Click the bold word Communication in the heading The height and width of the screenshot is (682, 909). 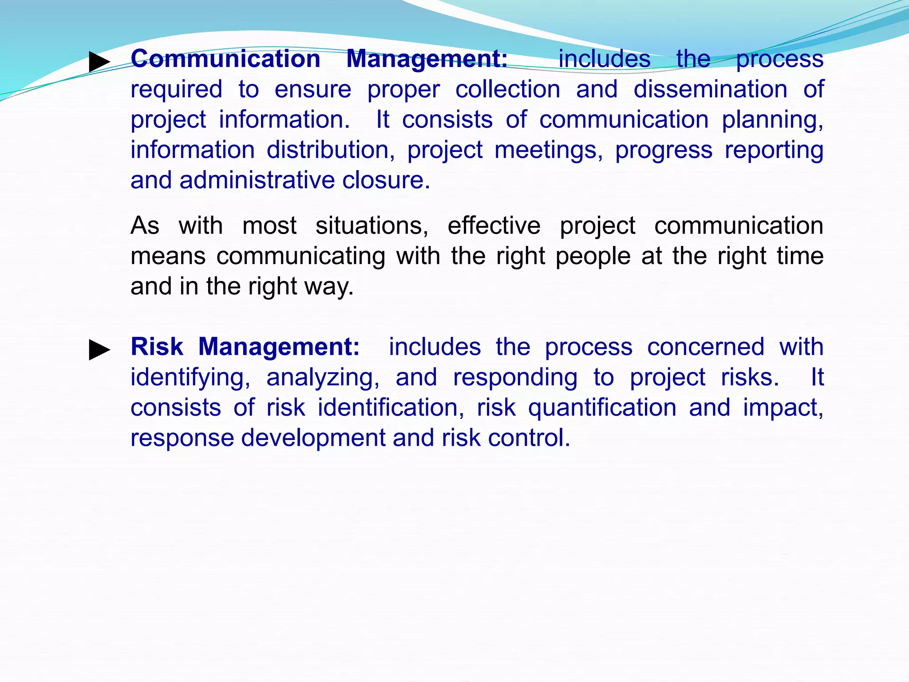click(225, 59)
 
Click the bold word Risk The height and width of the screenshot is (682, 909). click(157, 347)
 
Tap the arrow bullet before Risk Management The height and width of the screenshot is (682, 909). click(99, 350)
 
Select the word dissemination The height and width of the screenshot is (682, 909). click(710, 89)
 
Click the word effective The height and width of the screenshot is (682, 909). click(494, 226)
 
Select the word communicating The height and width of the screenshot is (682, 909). click(300, 256)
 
